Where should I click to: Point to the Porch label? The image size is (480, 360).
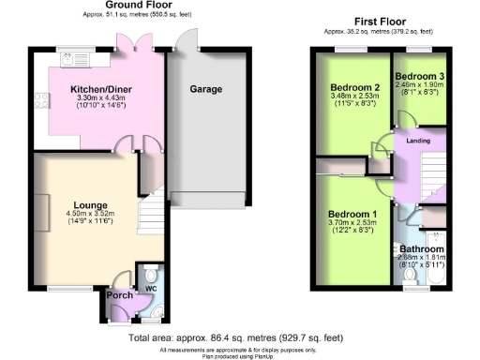[121, 296]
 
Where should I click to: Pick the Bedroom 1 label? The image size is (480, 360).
[352, 214]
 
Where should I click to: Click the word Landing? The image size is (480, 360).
[416, 142]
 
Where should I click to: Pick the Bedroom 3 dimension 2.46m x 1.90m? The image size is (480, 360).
[418, 83]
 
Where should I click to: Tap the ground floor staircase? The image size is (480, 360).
[151, 216]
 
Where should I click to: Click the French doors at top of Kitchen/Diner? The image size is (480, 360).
[128, 45]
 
